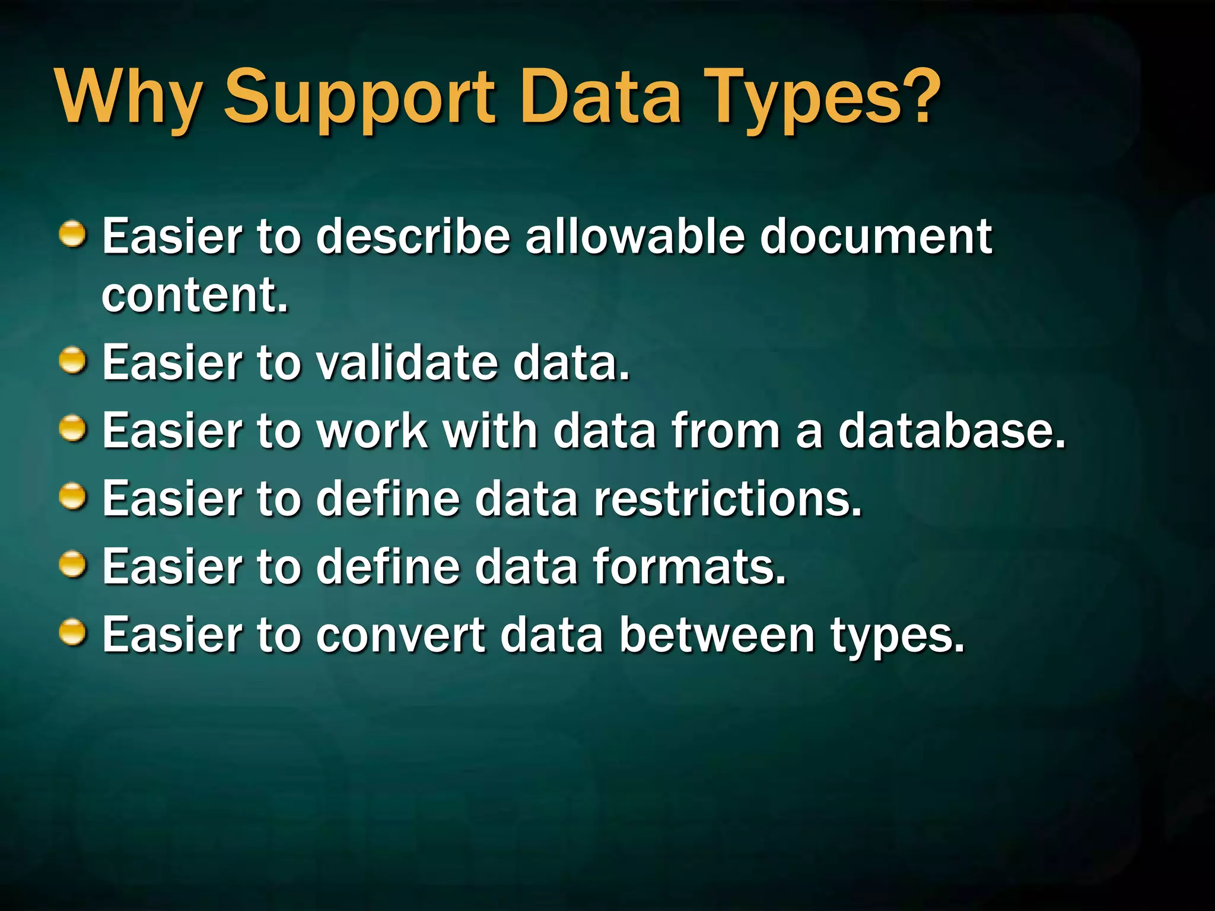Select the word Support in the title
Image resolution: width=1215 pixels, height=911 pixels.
pyautogui.click(x=359, y=98)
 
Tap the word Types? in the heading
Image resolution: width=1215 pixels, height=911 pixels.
pyautogui.click(x=824, y=98)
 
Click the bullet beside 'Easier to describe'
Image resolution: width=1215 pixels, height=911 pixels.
pyautogui.click(x=73, y=234)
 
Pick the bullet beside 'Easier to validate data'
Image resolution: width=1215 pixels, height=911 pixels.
pyautogui.click(x=73, y=361)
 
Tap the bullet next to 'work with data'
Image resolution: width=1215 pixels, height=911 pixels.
pyautogui.click(x=73, y=429)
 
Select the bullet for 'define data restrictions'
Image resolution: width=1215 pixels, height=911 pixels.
pyautogui.click(x=73, y=497)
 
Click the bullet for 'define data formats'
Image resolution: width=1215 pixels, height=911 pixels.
pyautogui.click(x=73, y=565)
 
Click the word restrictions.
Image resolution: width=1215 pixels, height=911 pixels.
pyautogui.click(x=727, y=498)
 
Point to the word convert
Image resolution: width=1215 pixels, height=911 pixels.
pyautogui.click(x=400, y=635)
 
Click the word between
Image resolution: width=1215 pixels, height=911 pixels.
pyautogui.click(x=717, y=635)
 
